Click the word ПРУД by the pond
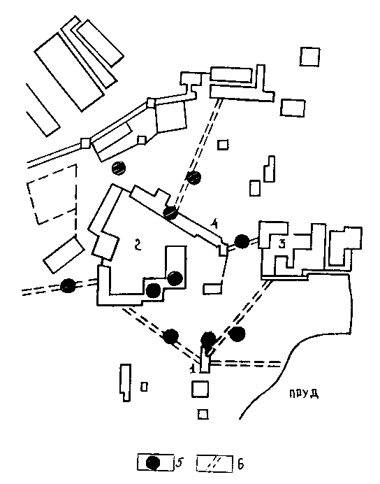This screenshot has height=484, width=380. (304, 394)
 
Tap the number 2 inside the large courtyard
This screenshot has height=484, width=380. (138, 245)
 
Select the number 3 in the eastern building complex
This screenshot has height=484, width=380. (282, 244)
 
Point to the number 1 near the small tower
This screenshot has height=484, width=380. (193, 369)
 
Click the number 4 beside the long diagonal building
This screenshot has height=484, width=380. (214, 224)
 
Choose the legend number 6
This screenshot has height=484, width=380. (241, 464)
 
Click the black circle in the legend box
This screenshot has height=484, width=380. (153, 463)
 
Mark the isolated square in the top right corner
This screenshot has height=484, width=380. (309, 57)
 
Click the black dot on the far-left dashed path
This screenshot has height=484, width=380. (68, 285)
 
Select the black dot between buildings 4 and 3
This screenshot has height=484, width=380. (242, 241)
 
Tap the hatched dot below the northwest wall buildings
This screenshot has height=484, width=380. (119, 169)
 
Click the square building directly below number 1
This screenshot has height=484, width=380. (200, 389)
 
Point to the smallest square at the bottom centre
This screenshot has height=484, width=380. (203, 414)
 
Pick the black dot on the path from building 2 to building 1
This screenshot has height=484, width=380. (170, 336)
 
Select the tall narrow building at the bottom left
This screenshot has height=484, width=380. (126, 383)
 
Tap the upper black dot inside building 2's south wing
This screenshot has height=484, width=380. (175, 278)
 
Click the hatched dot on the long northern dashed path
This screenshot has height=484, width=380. (194, 178)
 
